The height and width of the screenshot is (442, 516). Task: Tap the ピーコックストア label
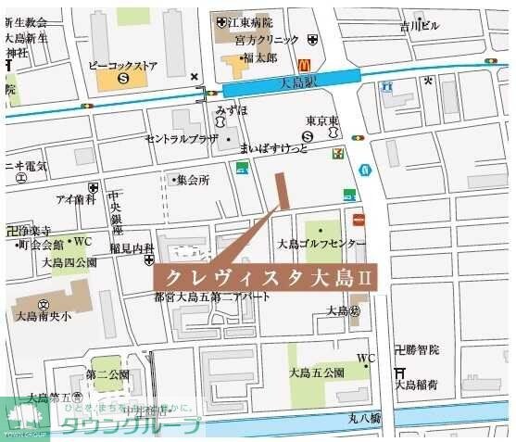pos(123,66)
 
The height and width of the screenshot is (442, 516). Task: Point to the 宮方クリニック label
pos(267,40)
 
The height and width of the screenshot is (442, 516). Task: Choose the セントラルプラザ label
pos(181,138)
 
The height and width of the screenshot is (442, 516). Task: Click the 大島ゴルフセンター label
pos(321,244)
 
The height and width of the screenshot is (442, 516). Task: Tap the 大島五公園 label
pos(316,373)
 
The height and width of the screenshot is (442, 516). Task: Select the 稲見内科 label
pos(131,248)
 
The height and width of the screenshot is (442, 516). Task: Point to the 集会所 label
pos(193,180)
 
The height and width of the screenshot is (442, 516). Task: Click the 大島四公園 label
pos(63,262)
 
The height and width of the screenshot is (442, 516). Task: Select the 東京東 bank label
pos(324,120)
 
